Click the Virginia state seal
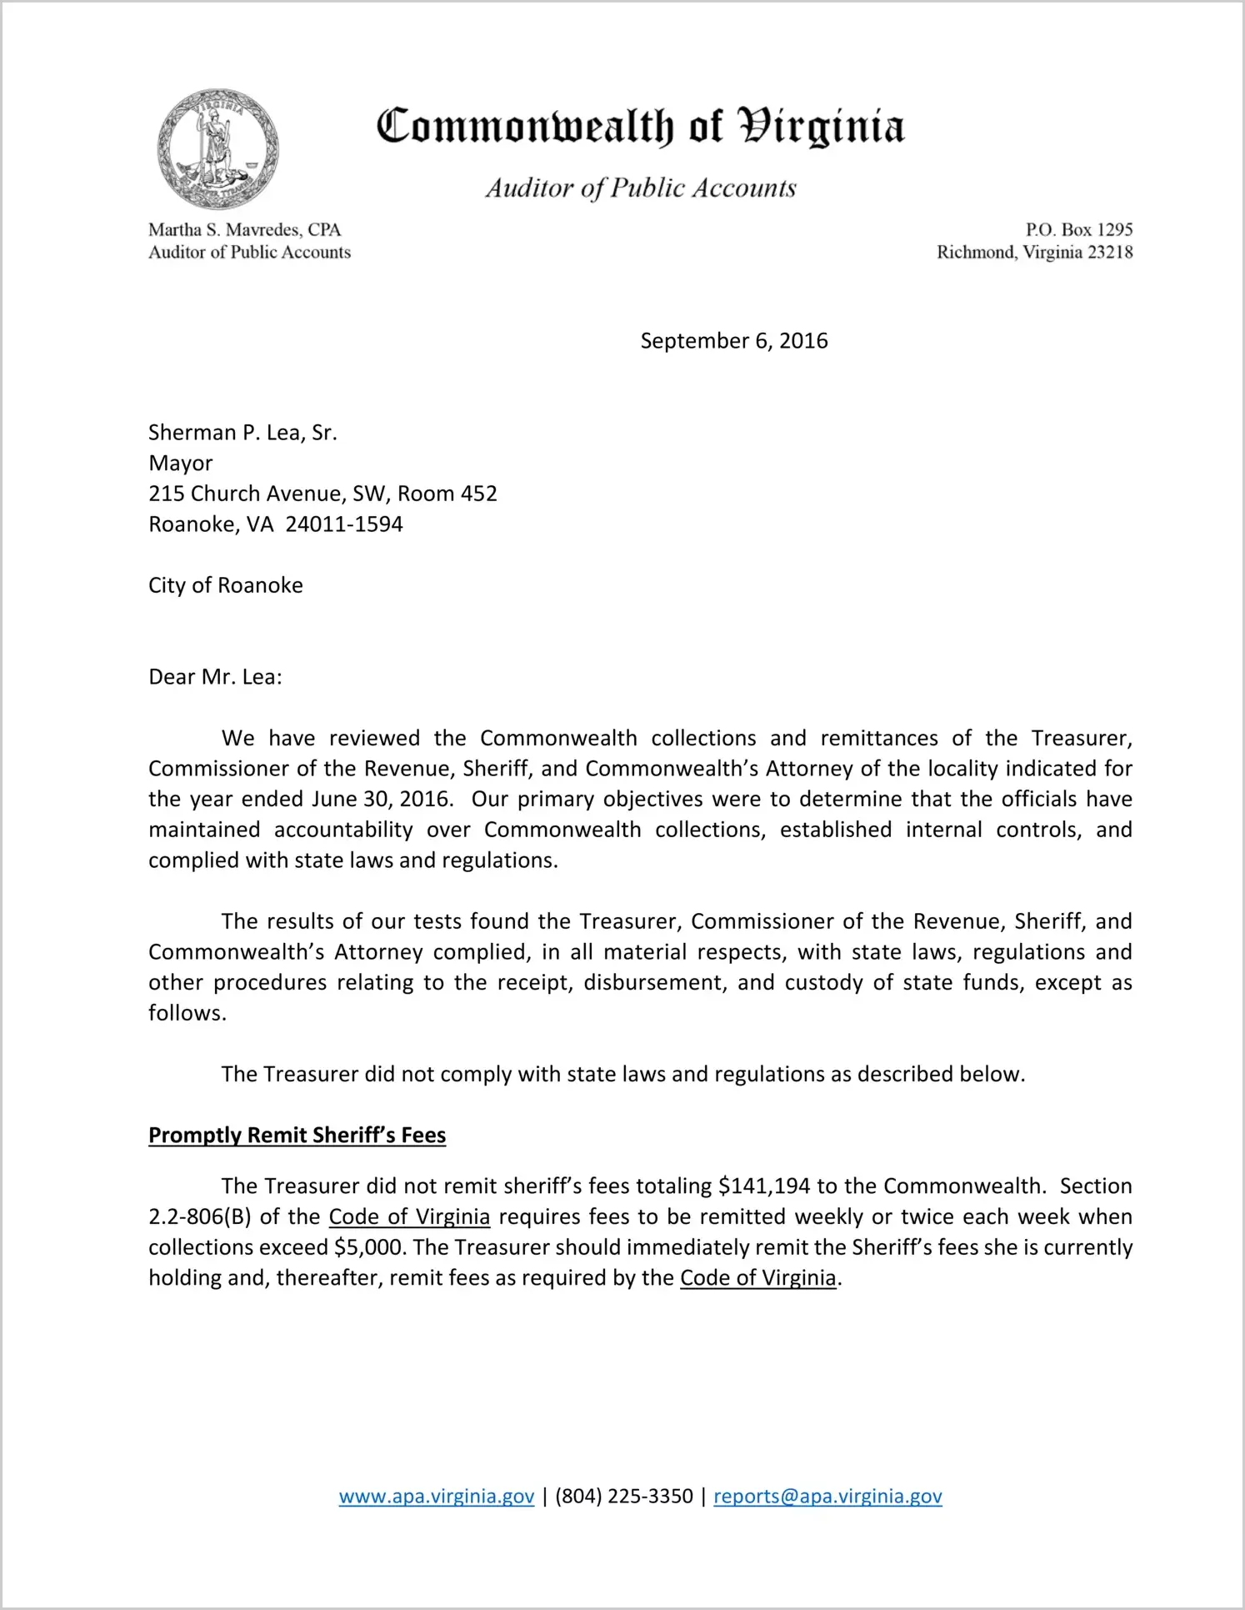coord(217,149)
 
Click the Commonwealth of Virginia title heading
coord(640,128)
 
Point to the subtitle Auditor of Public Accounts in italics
coord(641,188)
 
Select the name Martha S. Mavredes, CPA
coord(245,229)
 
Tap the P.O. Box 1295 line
coord(1078,229)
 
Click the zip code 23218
coord(1110,252)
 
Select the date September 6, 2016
coord(733,341)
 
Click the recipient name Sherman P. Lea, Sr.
coord(242,433)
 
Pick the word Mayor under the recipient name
coord(181,464)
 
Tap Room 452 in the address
coord(447,494)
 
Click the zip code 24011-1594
coord(344,524)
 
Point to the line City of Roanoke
coord(226,585)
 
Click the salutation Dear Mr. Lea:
coord(215,677)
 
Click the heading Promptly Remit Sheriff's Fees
coord(297,1136)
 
